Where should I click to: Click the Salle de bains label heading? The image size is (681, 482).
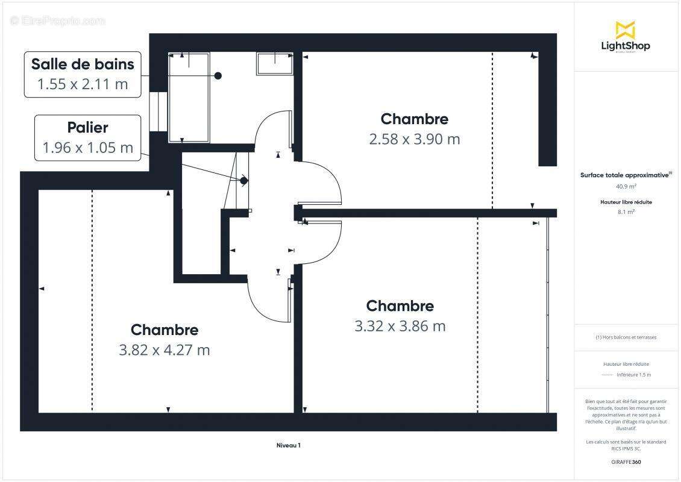(x=83, y=63)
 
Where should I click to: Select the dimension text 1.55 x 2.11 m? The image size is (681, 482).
(x=83, y=84)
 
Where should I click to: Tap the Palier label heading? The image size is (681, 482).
(x=87, y=127)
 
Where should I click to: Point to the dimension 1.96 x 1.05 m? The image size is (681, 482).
(x=87, y=147)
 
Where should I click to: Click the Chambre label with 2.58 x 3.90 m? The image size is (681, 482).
(x=414, y=119)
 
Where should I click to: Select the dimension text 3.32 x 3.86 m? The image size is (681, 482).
(x=400, y=326)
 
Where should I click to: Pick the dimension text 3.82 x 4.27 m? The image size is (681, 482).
(x=164, y=349)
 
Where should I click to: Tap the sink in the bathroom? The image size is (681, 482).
(x=275, y=63)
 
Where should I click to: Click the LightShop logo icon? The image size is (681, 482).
(x=625, y=30)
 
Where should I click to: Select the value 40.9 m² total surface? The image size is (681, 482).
(x=625, y=186)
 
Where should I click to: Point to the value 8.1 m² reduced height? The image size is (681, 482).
(x=625, y=212)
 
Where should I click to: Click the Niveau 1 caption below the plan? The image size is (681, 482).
(x=288, y=445)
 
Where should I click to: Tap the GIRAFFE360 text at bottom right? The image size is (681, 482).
(x=626, y=462)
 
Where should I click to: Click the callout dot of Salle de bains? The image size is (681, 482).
(x=218, y=75)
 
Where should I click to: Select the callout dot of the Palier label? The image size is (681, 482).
(x=243, y=180)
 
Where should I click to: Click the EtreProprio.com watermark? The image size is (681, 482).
(x=58, y=20)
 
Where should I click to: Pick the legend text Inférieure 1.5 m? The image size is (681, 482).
(x=633, y=375)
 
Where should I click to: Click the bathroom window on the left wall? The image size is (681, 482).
(x=158, y=111)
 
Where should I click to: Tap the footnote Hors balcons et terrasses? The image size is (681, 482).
(x=626, y=337)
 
